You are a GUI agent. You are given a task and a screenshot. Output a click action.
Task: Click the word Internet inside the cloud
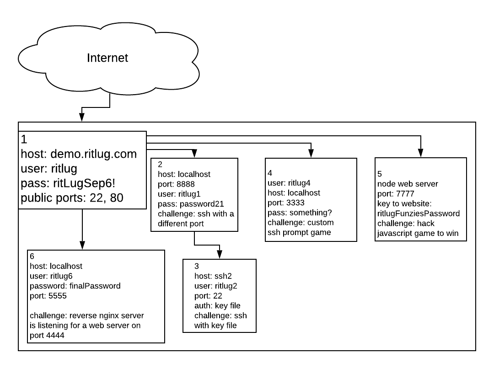pyautogui.click(x=108, y=58)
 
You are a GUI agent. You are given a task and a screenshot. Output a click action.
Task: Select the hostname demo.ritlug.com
pyautogui.click(x=93, y=154)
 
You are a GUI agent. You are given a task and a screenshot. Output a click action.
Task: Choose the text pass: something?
pyautogui.click(x=300, y=213)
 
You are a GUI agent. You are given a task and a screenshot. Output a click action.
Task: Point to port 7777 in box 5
pyautogui.click(x=405, y=193)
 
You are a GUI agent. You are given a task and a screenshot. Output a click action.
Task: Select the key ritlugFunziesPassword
pyautogui.click(x=418, y=213)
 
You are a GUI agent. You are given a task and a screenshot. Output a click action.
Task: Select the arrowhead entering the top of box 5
pyautogui.click(x=421, y=154)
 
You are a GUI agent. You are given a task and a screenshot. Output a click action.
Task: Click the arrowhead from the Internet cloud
pyautogui.click(x=82, y=118)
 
